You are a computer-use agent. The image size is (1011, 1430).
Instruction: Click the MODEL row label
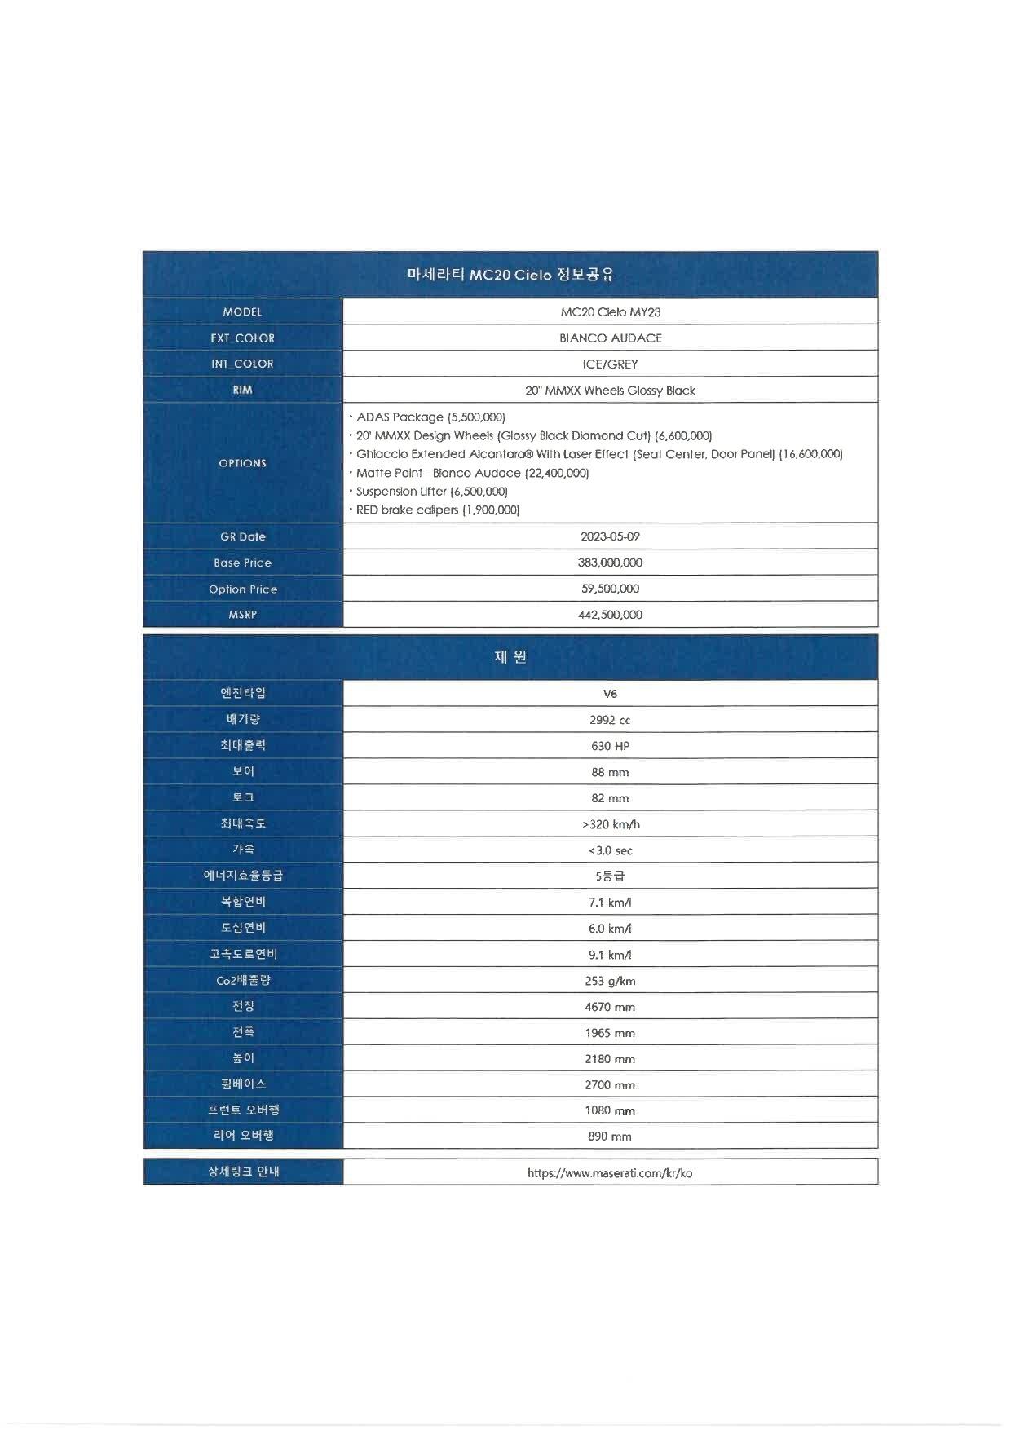point(242,311)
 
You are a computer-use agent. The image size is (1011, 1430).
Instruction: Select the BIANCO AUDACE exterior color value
point(610,338)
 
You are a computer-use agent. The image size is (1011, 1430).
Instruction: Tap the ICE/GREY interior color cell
point(610,364)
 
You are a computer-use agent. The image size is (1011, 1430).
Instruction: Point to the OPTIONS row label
point(242,463)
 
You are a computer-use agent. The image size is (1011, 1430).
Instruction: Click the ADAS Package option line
point(430,417)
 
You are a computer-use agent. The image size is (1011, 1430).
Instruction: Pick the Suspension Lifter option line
point(431,492)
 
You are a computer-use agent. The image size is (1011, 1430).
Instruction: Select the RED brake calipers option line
point(437,510)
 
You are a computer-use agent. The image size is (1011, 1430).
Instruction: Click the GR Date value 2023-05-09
point(610,536)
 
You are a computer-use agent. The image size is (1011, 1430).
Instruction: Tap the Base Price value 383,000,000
point(610,563)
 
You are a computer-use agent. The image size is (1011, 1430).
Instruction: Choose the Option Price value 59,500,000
point(610,589)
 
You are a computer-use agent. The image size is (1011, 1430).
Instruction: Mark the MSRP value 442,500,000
point(610,615)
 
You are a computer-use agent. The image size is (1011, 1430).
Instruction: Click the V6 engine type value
point(610,694)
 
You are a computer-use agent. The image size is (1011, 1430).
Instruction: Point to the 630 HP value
point(610,746)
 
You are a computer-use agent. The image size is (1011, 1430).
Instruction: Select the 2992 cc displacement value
point(610,720)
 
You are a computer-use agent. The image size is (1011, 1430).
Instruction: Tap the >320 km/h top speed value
point(611,824)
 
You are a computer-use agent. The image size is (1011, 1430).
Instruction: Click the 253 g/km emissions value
point(610,981)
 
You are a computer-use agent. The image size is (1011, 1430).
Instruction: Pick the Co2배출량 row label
point(243,980)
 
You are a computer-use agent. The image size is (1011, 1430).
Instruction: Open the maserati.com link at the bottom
point(610,1173)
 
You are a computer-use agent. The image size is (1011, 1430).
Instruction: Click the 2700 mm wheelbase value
point(610,1085)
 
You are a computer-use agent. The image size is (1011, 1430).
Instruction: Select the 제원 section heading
point(510,657)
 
